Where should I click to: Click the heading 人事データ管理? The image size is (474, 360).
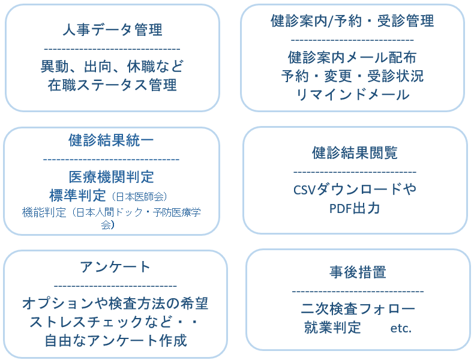[x=112, y=29]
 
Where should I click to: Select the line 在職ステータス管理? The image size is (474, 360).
[x=112, y=85]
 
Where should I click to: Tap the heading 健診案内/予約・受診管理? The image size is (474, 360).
[x=352, y=21]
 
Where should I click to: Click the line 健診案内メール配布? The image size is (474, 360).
[x=352, y=58]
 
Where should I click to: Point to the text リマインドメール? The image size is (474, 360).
[x=352, y=95]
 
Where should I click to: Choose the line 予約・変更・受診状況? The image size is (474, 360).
[x=352, y=76]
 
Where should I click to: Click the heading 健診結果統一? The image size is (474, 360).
[x=111, y=140]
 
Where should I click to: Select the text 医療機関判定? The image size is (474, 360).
[x=111, y=177]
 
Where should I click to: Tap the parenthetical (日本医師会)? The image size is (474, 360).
[x=140, y=196]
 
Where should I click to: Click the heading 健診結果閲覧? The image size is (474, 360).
[x=355, y=152]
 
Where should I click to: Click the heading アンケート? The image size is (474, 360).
[x=115, y=266]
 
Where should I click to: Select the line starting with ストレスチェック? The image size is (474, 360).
[x=114, y=322]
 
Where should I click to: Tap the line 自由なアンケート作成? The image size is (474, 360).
[x=115, y=340]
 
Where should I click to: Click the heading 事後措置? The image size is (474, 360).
[x=358, y=272]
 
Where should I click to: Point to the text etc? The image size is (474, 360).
[x=401, y=329]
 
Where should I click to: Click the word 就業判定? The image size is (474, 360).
[x=332, y=328]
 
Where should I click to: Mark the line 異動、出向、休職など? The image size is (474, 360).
[x=112, y=66]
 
